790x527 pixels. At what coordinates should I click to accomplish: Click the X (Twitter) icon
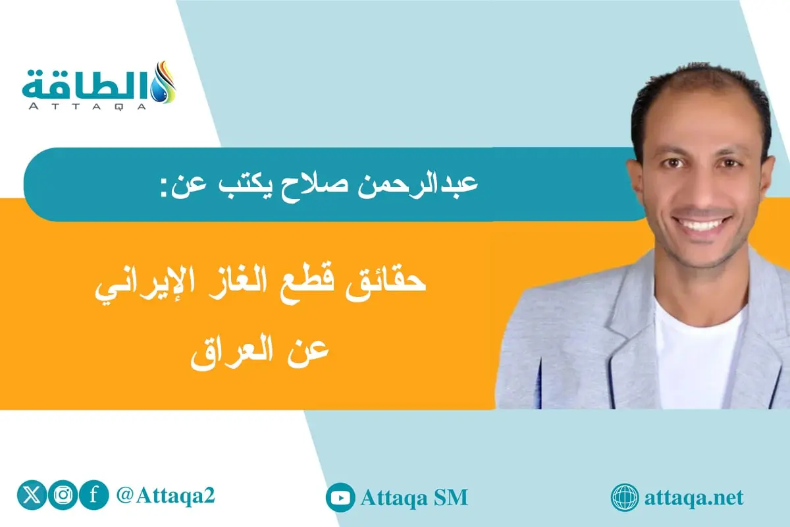32,495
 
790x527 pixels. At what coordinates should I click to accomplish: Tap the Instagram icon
63,495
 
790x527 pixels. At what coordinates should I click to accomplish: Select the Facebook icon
93,495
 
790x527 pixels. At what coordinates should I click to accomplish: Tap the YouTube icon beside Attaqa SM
340,497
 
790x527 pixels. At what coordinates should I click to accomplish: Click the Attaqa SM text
414,497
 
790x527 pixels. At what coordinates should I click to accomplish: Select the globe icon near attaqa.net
625,497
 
